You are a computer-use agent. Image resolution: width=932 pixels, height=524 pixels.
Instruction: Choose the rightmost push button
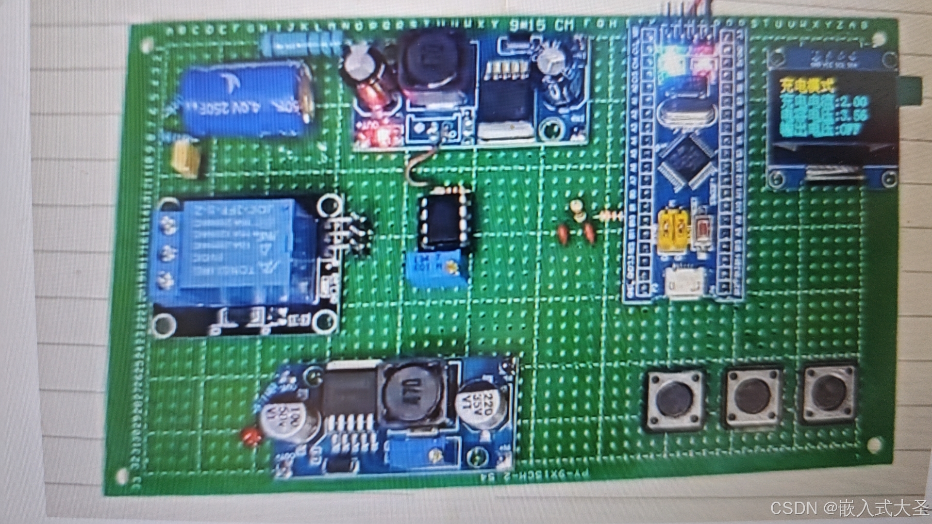pyautogui.click(x=828, y=394)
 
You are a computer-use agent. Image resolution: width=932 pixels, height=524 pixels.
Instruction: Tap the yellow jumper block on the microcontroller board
pyautogui.click(x=675, y=231)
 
